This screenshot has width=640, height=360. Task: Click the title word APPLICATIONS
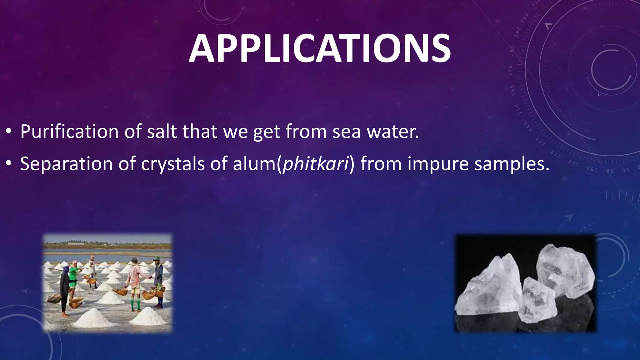[320, 48]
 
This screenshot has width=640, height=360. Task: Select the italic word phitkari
[316, 164]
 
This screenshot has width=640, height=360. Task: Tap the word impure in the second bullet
[437, 164]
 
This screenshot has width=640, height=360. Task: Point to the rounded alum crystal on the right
[566, 269]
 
